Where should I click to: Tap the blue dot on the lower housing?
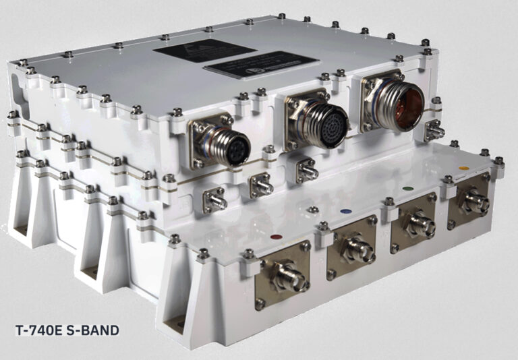point(346,211)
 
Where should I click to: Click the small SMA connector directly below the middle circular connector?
point(308,172)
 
